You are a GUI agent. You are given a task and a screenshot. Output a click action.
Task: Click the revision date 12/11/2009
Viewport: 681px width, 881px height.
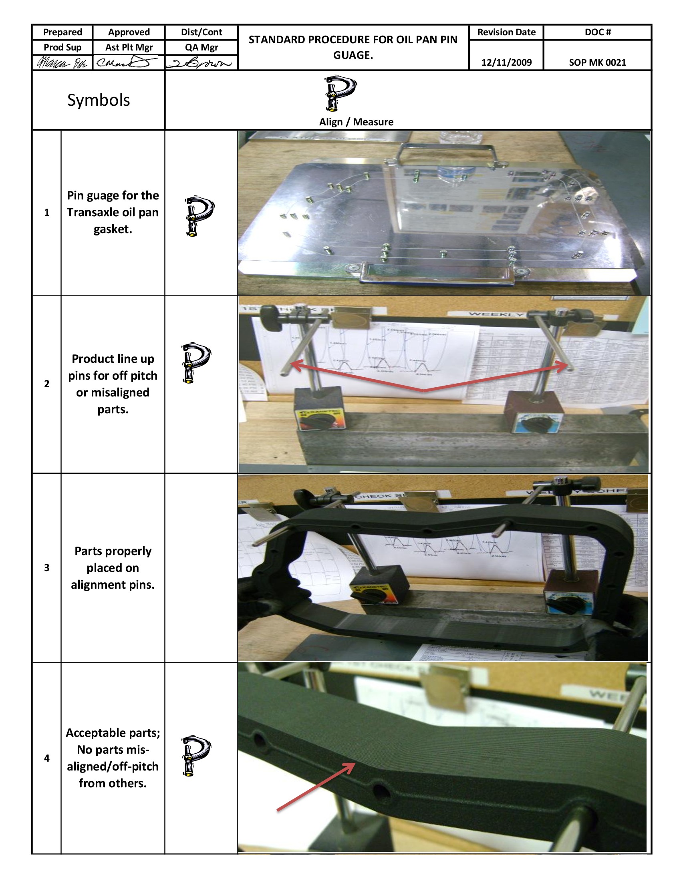coord(506,62)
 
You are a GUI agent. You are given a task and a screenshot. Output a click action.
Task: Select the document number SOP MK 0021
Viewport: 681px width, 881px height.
coord(597,62)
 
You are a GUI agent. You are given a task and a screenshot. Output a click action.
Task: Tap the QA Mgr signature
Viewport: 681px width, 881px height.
coord(201,63)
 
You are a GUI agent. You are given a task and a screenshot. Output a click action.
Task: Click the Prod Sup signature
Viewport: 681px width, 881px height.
coord(62,63)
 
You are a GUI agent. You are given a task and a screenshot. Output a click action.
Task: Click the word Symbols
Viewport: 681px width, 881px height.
coord(99,100)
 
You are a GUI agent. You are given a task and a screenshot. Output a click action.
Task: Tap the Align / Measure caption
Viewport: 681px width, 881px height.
coord(356,122)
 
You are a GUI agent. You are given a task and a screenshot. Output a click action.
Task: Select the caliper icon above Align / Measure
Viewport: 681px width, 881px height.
coord(340,93)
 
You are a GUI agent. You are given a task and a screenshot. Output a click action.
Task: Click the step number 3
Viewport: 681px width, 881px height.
coord(47,567)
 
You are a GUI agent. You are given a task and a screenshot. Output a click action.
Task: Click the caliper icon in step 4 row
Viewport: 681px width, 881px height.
coord(195,756)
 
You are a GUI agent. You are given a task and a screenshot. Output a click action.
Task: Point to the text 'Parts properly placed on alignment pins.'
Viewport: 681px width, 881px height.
coord(113,567)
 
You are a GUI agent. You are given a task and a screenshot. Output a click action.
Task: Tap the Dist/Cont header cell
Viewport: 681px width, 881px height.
coord(201,32)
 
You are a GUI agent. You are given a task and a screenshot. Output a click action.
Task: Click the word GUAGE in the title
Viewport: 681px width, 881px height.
coord(353,55)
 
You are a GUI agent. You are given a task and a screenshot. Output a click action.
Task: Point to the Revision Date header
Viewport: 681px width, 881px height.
coord(506,32)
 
